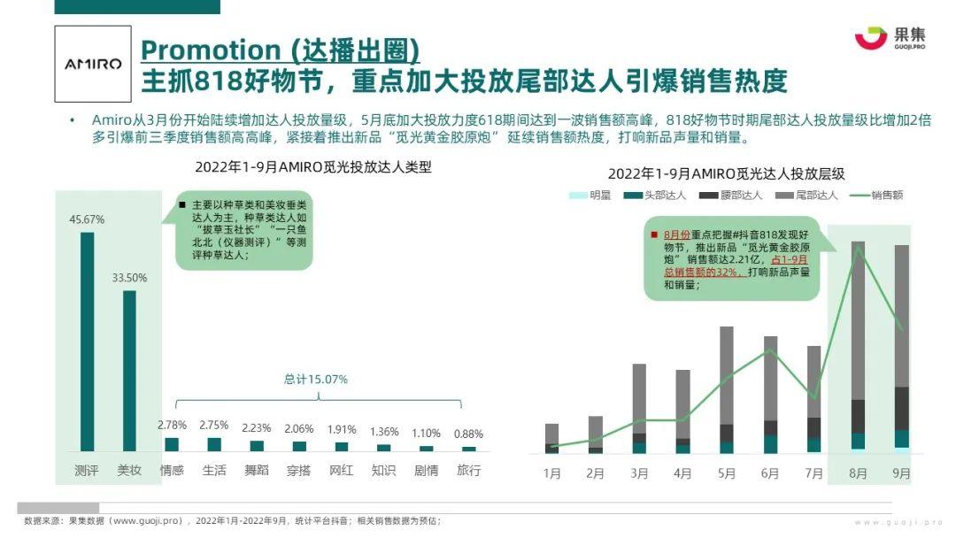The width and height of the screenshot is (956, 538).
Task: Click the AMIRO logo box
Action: [92, 64]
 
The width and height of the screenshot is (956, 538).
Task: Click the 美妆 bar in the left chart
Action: [129, 371]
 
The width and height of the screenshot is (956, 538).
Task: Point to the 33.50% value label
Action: [129, 277]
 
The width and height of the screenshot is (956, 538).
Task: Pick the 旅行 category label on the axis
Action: [468, 471]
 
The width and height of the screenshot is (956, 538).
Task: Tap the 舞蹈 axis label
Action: [257, 471]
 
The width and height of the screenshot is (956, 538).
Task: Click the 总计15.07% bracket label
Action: [316, 379]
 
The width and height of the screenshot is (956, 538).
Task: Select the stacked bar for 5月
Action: [727, 389]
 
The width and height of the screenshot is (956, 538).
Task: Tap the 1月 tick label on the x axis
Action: [551, 473]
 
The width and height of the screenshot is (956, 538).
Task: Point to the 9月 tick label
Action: [901, 473]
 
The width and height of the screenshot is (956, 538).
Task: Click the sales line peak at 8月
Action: [858, 248]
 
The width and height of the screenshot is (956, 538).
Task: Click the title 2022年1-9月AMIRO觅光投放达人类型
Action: [313, 166]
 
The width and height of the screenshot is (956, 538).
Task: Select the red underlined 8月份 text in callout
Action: [676, 234]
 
